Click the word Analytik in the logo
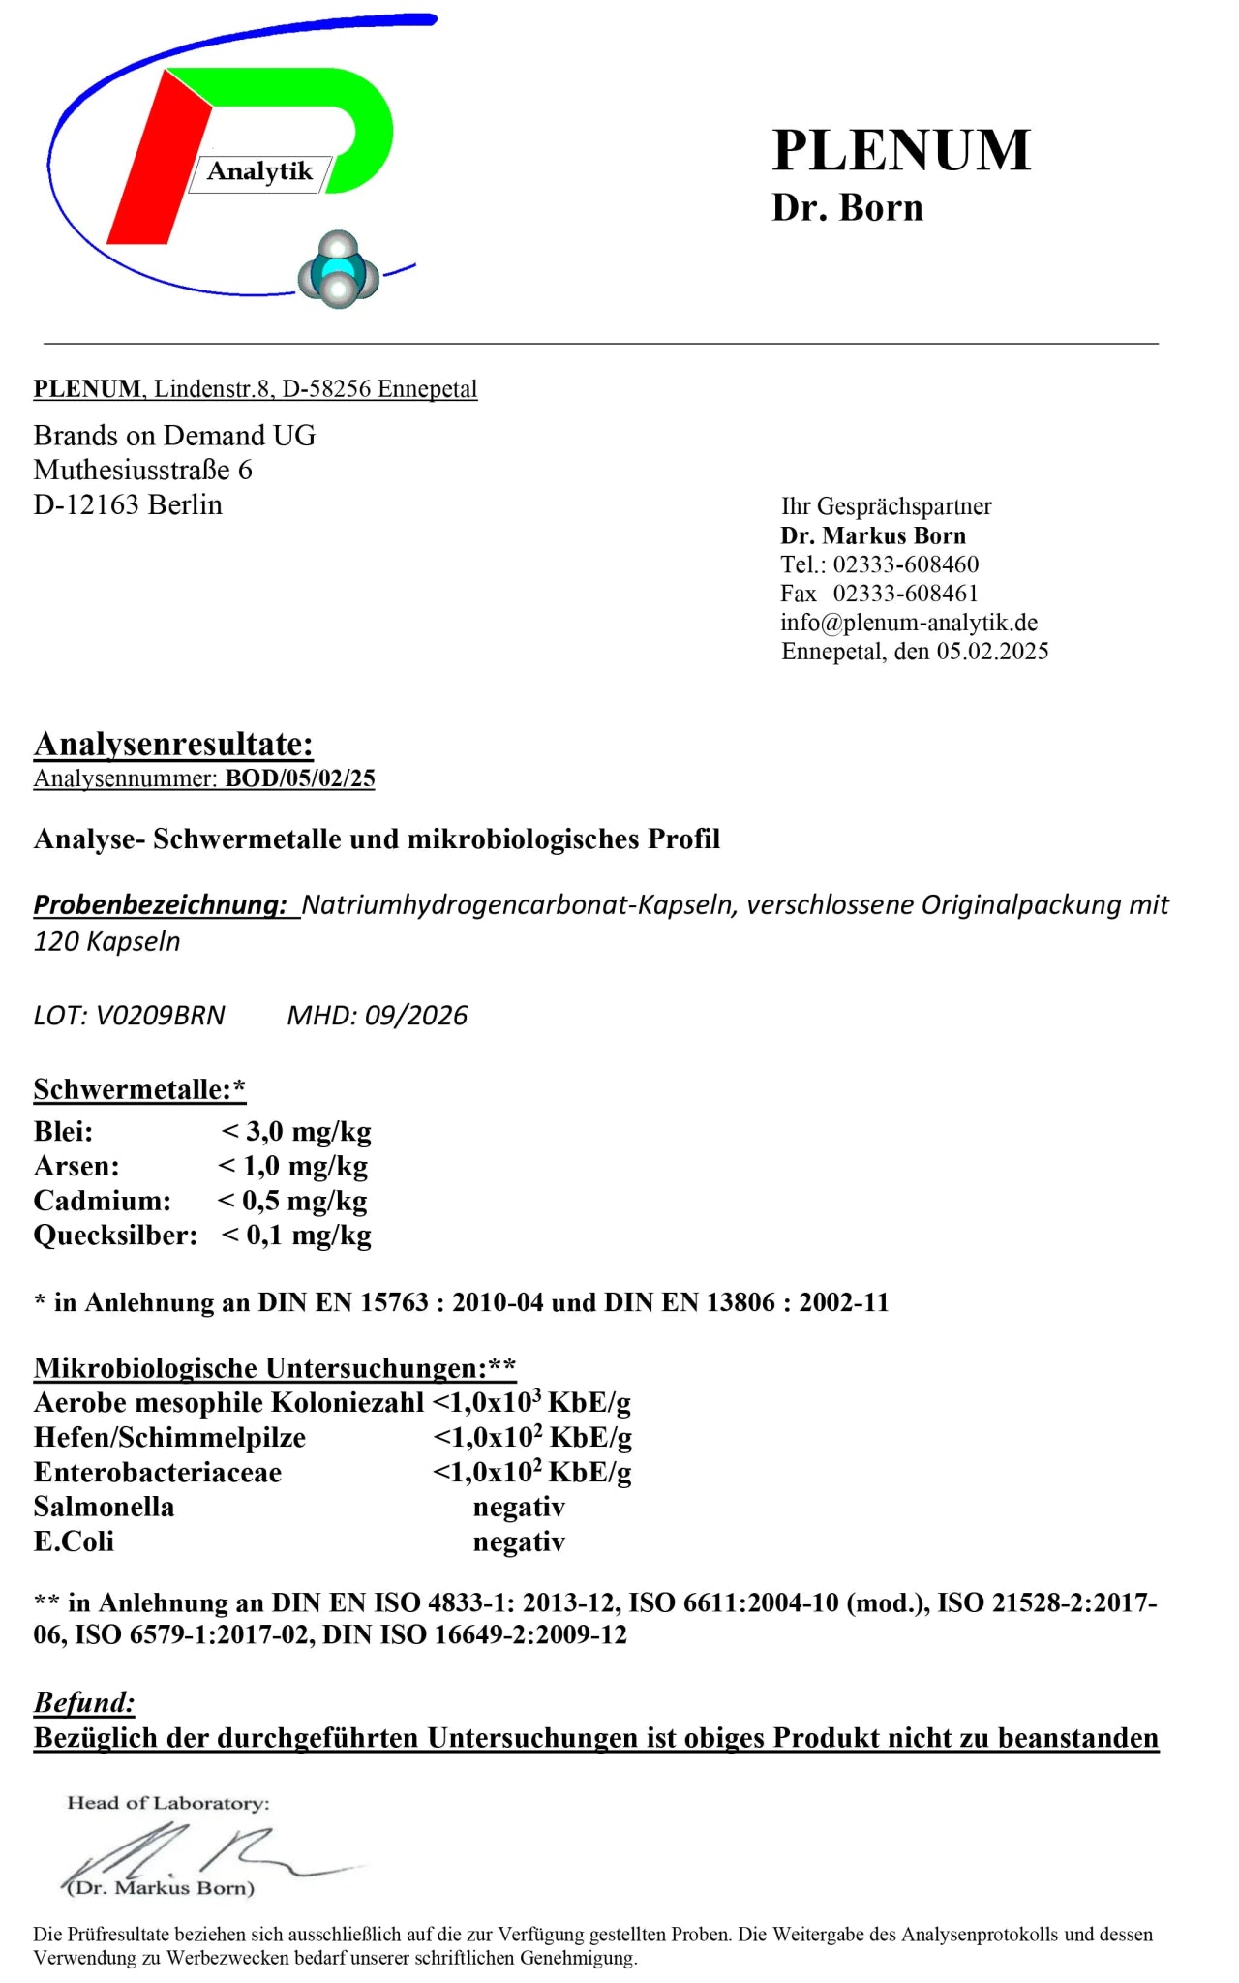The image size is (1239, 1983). (x=259, y=171)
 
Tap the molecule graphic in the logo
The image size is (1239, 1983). (x=338, y=270)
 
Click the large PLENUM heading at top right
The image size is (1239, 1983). (x=901, y=151)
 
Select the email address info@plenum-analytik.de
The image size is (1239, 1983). (x=909, y=623)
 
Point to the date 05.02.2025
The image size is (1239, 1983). (x=992, y=652)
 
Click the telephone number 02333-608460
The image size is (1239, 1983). (x=906, y=564)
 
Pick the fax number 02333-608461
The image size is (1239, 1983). (x=906, y=594)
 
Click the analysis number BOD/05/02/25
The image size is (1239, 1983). (x=300, y=778)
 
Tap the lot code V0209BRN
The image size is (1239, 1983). (x=161, y=1016)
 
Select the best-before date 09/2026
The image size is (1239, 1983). (x=416, y=1016)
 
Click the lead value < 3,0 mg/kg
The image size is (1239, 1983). (x=296, y=1131)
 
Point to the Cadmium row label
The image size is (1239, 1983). (x=102, y=1201)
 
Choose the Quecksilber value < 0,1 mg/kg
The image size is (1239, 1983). (x=296, y=1236)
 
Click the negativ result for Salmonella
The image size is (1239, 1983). (x=519, y=1507)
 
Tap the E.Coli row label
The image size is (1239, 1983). (x=74, y=1541)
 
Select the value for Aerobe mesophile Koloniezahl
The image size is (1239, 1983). (x=531, y=1403)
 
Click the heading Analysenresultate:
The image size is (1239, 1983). (x=173, y=744)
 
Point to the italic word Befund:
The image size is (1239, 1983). (x=84, y=1702)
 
